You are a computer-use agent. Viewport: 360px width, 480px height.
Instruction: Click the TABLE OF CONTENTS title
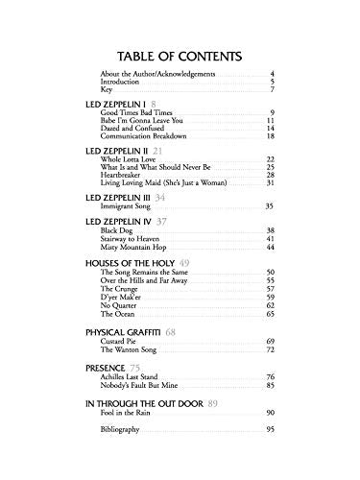(180, 55)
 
